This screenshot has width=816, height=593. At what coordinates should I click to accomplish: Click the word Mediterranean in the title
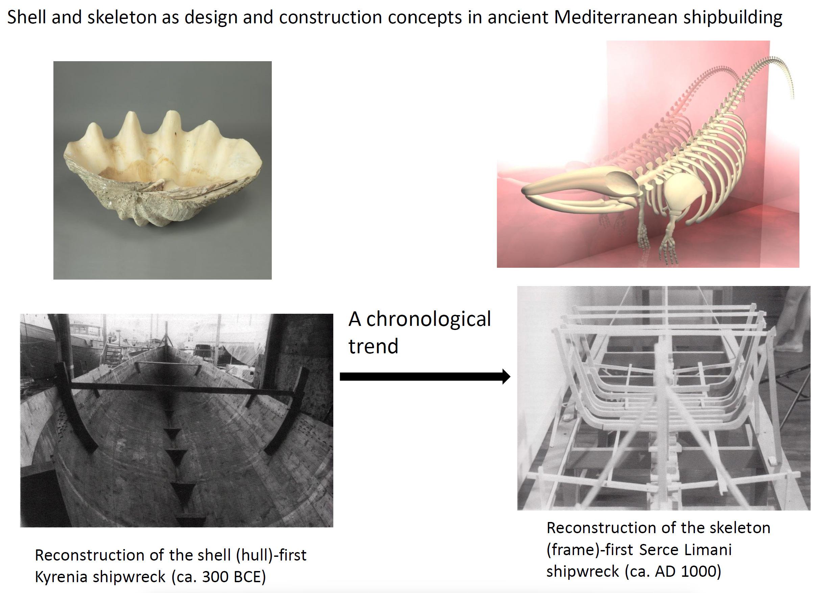pos(616,17)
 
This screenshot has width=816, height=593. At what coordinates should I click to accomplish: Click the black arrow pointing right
pos(425,376)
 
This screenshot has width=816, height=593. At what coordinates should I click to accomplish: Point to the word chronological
pos(428,319)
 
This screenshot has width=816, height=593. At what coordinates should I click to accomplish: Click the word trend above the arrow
pos(373,346)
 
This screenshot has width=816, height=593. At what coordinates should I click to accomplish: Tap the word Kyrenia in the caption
pos(61,577)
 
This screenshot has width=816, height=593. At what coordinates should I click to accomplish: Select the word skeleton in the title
pos(122,17)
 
